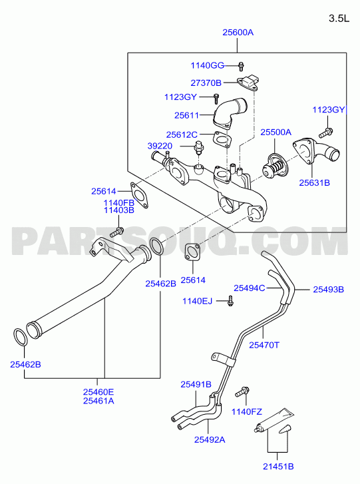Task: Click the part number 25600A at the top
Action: [x=238, y=33]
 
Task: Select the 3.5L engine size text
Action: [x=339, y=19]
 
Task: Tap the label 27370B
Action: [x=206, y=83]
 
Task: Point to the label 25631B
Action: [x=314, y=182]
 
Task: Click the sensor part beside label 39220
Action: [x=198, y=148]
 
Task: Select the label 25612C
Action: [x=182, y=135]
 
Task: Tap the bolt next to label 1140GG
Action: [x=241, y=66]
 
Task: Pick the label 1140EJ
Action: [x=198, y=301]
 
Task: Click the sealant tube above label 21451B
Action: [x=274, y=421]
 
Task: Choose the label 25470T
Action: [x=264, y=345]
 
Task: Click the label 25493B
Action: [x=329, y=290]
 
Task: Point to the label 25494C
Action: [x=250, y=288]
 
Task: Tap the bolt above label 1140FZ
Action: [x=242, y=392]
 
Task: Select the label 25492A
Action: [x=210, y=439]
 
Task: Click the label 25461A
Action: [x=98, y=401]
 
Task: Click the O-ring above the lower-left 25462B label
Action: [x=21, y=338]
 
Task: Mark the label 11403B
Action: [x=118, y=210]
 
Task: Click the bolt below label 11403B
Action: [x=117, y=232]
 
